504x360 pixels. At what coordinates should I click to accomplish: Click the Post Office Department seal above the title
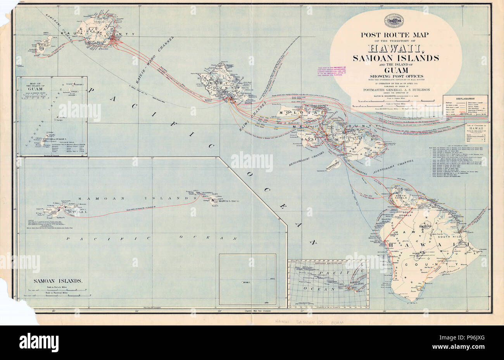(x=395, y=22)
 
